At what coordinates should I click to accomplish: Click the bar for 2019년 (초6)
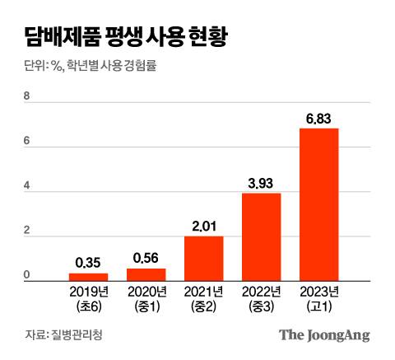[x=88, y=277]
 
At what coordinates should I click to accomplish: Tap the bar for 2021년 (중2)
[x=203, y=259]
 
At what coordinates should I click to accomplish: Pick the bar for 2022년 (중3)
[x=261, y=237]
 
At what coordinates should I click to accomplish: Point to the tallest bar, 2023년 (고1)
[x=318, y=205]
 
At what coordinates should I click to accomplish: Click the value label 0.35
[x=88, y=263]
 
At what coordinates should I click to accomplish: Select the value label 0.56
[x=146, y=258]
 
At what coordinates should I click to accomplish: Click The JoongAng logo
[x=323, y=334]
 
